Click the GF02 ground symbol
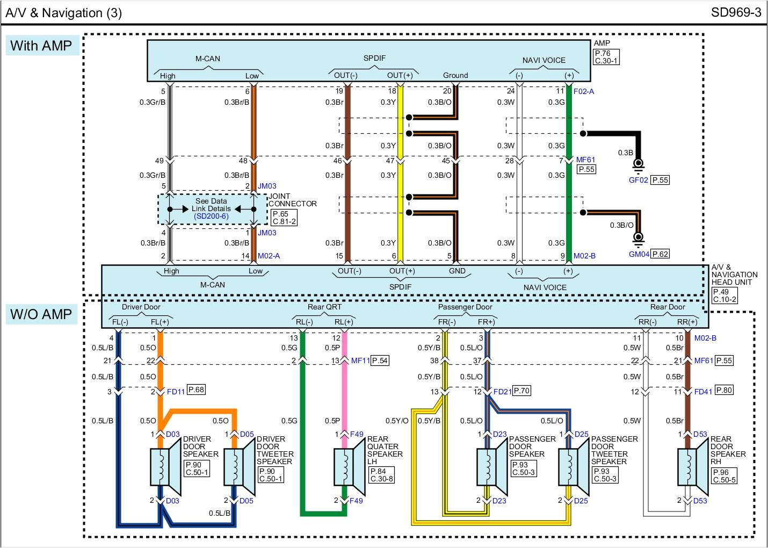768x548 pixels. [638, 164]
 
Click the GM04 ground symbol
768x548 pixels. [638, 238]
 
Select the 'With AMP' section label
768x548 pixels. [41, 46]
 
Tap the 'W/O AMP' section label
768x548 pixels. [41, 314]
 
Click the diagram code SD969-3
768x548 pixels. [736, 12]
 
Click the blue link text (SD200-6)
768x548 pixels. [211, 217]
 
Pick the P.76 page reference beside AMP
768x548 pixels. [603, 53]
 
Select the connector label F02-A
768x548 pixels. [584, 91]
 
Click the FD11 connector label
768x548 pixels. [176, 392]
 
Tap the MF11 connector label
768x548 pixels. [360, 360]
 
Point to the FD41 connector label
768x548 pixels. [703, 392]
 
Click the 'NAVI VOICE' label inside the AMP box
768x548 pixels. [544, 60]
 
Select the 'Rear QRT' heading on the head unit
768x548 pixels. [324, 307]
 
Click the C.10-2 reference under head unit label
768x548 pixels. [724, 299]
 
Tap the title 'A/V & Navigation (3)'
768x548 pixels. [63, 13]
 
